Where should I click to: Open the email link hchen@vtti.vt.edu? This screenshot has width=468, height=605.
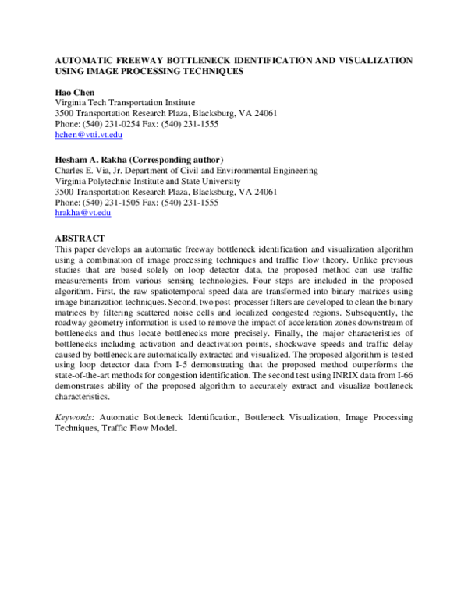click(x=88, y=136)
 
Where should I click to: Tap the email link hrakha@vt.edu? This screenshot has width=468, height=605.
click(x=83, y=213)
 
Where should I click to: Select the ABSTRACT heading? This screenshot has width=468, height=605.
click(x=81, y=235)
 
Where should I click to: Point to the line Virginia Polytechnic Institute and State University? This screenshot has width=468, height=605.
click(x=147, y=180)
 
